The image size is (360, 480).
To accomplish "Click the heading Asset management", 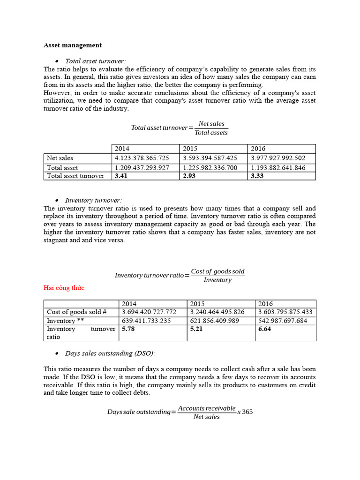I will point(73,45).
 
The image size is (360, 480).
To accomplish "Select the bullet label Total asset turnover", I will point(95,61).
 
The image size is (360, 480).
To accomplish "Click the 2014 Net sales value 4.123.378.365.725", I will point(142,158).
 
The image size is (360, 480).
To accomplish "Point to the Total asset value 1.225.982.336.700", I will point(210,167).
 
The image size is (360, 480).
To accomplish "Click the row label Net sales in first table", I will point(60,158).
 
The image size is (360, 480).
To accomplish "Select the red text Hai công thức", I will point(64,288).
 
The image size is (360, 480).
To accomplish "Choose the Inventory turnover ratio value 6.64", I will point(265,329).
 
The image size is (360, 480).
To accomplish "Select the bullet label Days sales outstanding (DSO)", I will point(110,353).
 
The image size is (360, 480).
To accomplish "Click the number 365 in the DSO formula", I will point(247,412).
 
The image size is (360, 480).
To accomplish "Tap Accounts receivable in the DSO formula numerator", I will point(207,408).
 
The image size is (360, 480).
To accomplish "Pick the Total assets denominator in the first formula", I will point(211,133).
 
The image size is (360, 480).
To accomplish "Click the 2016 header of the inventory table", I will point(265,304).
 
